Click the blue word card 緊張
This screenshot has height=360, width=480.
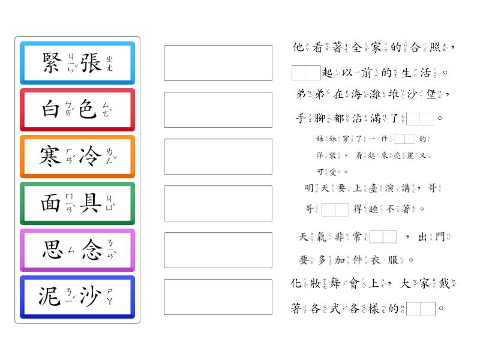pos(77,62)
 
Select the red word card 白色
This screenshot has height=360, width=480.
pos(77,109)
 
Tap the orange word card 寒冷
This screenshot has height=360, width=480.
pos(77,156)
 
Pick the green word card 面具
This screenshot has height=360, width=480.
pos(77,203)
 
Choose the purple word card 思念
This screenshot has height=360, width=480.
pos(77,250)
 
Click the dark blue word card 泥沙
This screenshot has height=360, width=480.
pos(77,296)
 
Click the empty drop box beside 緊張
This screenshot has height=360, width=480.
pos(218,62)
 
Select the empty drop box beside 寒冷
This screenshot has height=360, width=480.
pos(218,156)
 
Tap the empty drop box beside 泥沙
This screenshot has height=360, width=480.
pos(218,296)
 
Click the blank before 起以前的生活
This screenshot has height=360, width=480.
pos(306,73)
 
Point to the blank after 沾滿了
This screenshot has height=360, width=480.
pos(419,118)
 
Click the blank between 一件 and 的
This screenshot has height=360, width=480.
pos(404,139)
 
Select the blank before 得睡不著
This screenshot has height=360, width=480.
pos(335,209)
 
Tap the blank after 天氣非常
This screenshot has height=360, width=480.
pos(383,237)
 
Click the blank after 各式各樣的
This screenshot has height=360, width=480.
pos(421,309)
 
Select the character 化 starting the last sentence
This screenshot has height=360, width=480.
pos(295,283)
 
